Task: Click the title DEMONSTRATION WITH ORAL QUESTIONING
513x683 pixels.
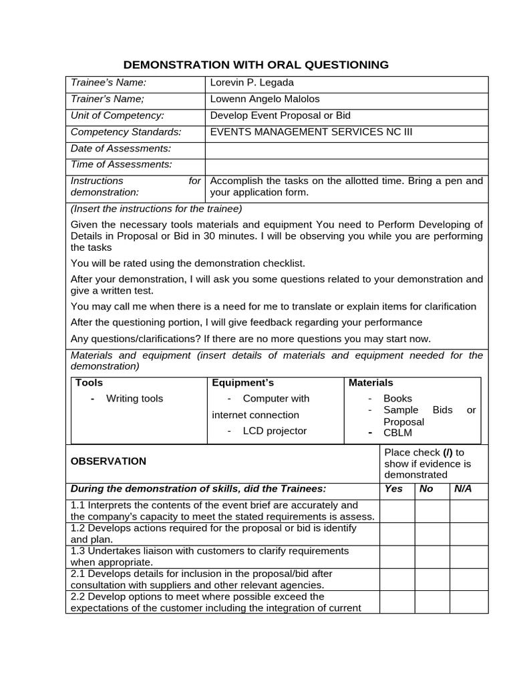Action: point(256,65)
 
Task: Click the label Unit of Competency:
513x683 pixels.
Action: point(117,115)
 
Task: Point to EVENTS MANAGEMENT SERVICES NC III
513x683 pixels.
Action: point(311,132)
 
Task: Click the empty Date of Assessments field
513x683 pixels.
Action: point(346,148)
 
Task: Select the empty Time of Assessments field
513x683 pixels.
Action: point(346,165)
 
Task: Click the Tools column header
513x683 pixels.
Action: point(89,383)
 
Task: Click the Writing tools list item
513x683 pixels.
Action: point(134,399)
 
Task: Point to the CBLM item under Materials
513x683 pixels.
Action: point(397,433)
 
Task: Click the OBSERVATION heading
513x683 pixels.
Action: point(108,461)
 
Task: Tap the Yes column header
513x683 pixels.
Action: point(393,489)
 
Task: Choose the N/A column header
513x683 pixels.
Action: point(462,489)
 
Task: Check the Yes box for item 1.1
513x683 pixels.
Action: point(397,510)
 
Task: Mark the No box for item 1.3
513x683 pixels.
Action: point(432,556)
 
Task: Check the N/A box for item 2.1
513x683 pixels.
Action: point(468,579)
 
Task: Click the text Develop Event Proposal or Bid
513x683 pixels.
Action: point(280,115)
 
